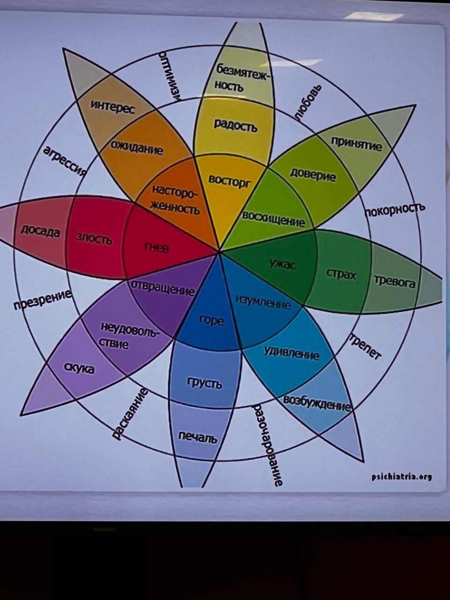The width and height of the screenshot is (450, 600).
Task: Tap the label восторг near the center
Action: pos(230,180)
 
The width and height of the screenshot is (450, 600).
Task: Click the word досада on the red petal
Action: pos(40,231)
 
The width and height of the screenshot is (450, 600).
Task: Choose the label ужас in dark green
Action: pos(283,265)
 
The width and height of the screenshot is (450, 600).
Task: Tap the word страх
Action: pos(341,274)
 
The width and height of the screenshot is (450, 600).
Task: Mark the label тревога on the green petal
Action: pos(395,282)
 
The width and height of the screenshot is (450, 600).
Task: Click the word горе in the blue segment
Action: pos(211,321)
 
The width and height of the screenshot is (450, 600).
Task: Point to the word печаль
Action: pos(198,437)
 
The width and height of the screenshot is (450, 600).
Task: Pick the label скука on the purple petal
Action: pos(79,368)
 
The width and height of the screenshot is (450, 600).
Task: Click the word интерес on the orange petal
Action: pos(112,107)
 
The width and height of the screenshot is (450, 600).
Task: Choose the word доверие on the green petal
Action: pos(313,174)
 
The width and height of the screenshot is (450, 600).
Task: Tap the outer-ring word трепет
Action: pos(365,346)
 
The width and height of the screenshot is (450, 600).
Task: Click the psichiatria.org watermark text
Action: pos(401,477)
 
